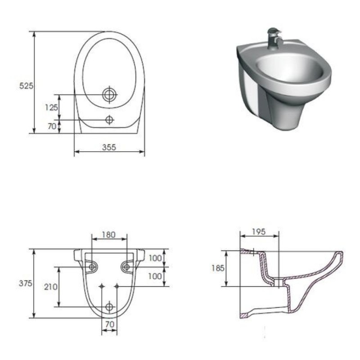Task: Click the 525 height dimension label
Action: click(x=26, y=86)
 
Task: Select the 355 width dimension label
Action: click(x=109, y=147)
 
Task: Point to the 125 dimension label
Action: click(x=51, y=107)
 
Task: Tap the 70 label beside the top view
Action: click(x=52, y=126)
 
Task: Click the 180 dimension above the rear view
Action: click(x=108, y=234)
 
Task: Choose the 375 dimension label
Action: click(x=25, y=283)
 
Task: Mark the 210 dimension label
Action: click(x=50, y=287)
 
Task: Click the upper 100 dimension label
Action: click(x=155, y=258)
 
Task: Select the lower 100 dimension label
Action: click(x=155, y=276)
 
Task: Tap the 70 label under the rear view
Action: click(x=109, y=324)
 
